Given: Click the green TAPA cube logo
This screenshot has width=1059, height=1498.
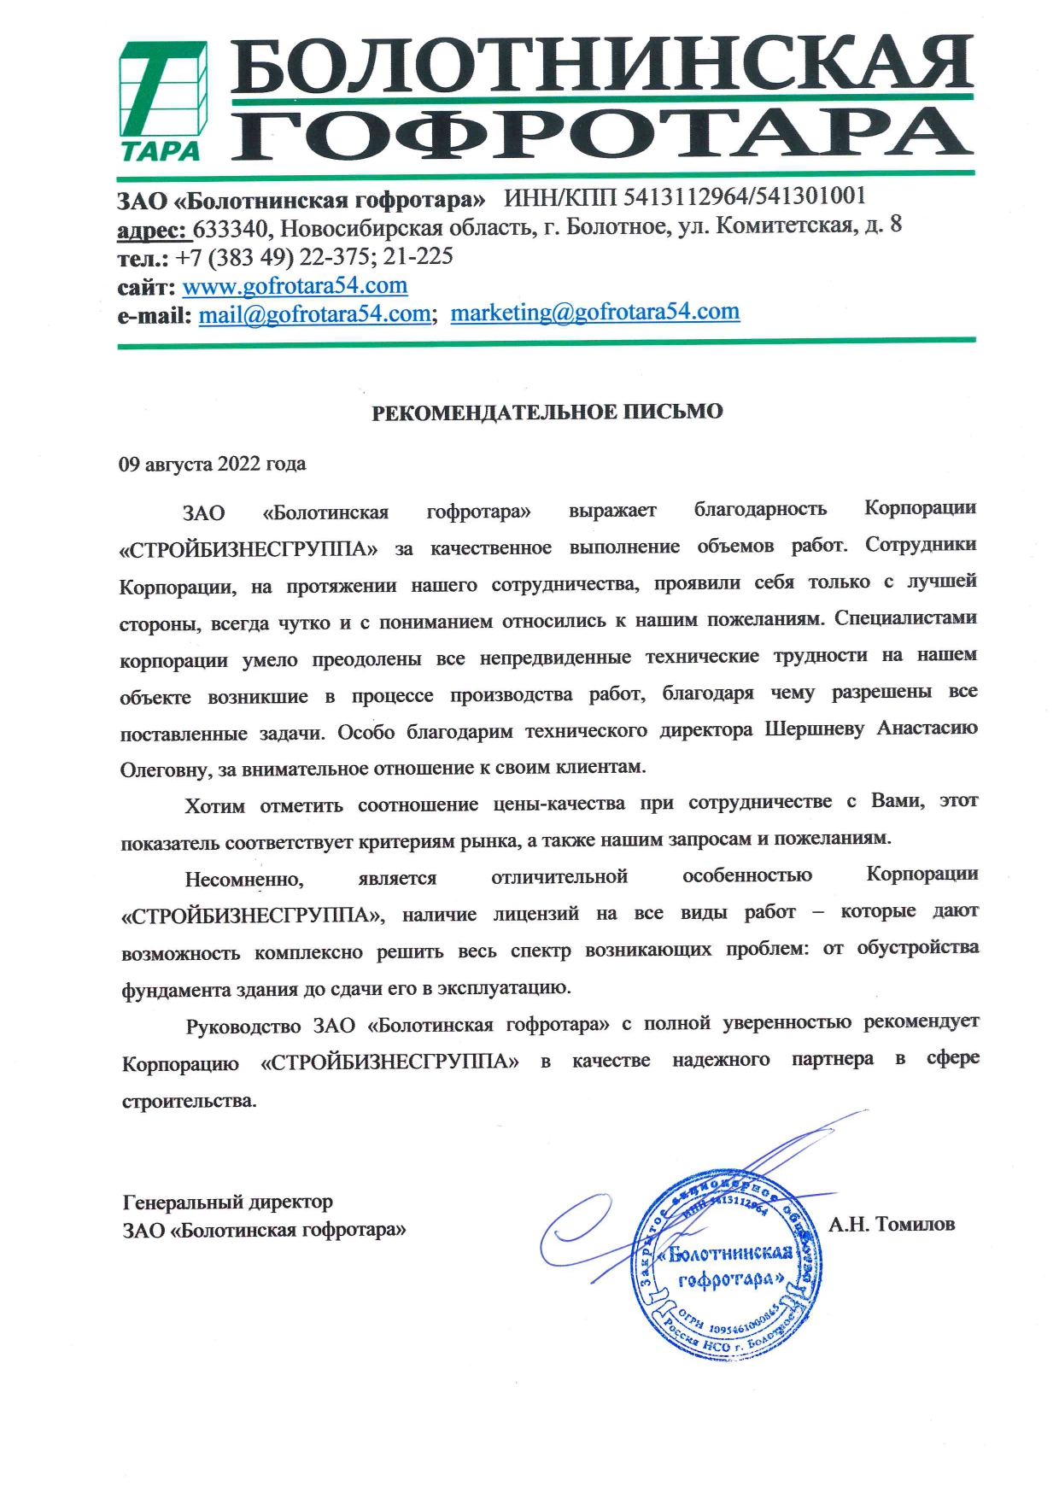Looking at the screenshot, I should [x=162, y=101].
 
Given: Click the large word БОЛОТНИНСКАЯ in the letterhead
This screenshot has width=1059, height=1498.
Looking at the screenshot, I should [x=601, y=65].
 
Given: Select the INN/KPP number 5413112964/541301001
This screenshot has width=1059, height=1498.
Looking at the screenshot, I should [x=744, y=197].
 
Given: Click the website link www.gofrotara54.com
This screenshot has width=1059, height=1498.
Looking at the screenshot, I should [x=295, y=285].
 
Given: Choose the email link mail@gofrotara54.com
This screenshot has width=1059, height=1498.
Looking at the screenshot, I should [x=314, y=314].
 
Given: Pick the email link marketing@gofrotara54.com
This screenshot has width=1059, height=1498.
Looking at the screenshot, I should [x=594, y=313].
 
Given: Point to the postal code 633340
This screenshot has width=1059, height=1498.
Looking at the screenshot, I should [x=230, y=229].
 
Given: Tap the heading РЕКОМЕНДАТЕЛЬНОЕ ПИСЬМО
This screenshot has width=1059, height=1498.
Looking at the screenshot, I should [x=547, y=413].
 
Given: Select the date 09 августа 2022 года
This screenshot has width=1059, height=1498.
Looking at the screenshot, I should [x=212, y=465].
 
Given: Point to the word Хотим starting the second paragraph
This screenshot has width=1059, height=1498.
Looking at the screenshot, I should [x=214, y=806].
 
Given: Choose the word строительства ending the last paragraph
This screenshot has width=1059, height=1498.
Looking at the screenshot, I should [x=189, y=1101].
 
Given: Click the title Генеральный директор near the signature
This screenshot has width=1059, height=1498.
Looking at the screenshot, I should [x=228, y=1202].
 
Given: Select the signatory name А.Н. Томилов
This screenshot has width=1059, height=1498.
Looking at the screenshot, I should [x=891, y=1225].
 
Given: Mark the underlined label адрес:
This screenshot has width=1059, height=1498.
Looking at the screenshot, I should [x=152, y=230].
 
